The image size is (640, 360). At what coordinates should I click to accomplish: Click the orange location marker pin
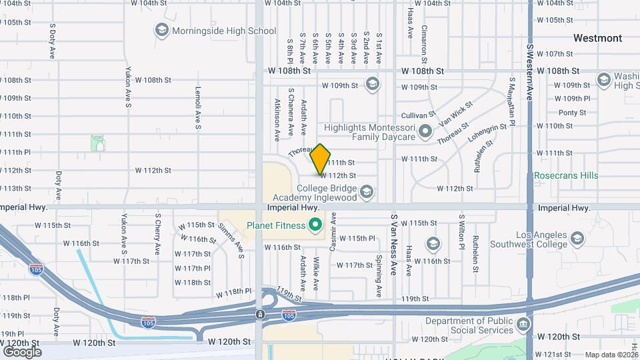pyautogui.click(x=320, y=158)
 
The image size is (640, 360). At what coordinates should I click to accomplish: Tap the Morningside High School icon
pyautogui.click(x=161, y=30)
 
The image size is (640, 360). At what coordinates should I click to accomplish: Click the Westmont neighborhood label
pyautogui.click(x=597, y=38)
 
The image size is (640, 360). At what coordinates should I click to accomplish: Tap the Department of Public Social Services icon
pyautogui.click(x=523, y=325)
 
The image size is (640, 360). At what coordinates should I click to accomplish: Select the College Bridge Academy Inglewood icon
pyautogui.click(x=365, y=193)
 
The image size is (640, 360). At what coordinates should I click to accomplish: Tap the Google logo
pyautogui.click(x=22, y=351)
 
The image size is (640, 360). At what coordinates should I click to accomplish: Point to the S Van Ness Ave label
pyautogui.click(x=394, y=245)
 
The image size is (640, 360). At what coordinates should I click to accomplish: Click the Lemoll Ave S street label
pyautogui.click(x=198, y=107)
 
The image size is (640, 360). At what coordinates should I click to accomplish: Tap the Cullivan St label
pyautogui.click(x=421, y=115)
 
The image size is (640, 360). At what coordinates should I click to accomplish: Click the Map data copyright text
pyautogui.click(x=610, y=355)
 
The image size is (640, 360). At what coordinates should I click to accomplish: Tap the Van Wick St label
pyautogui.click(x=456, y=114)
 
